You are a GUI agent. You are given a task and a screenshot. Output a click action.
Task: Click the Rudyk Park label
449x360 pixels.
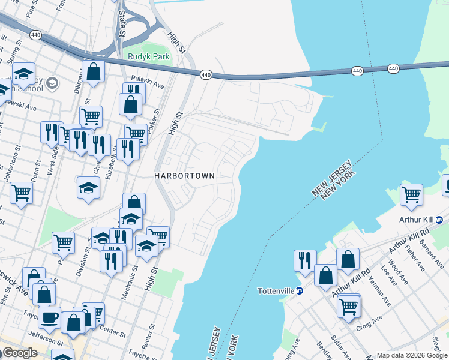148,57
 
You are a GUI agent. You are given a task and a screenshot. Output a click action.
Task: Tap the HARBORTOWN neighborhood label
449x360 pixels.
184,176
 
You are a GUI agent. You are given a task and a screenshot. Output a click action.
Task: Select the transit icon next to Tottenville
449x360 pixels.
300,291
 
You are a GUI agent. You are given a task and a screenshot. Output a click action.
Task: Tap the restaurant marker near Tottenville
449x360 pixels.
305,260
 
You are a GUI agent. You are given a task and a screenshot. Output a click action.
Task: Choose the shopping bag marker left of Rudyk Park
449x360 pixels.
94,71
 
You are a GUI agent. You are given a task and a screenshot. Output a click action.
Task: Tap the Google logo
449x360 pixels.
19,353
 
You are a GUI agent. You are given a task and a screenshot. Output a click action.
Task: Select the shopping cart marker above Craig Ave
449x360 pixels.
348,306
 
